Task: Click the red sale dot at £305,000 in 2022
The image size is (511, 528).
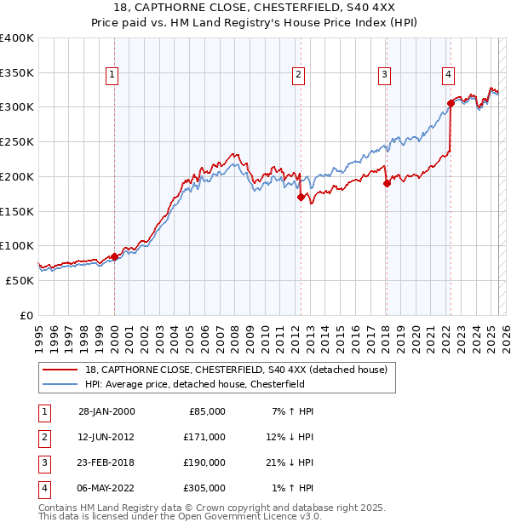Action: click(x=451, y=104)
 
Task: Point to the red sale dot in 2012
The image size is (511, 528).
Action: click(x=301, y=197)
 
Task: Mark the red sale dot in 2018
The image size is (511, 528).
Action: click(x=387, y=182)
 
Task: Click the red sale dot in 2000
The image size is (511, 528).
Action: click(x=114, y=256)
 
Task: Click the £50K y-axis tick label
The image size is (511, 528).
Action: click(x=20, y=279)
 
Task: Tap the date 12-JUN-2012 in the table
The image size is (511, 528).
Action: click(x=106, y=437)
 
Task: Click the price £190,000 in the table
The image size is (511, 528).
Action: click(x=204, y=462)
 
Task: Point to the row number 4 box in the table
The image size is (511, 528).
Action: click(x=43, y=488)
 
